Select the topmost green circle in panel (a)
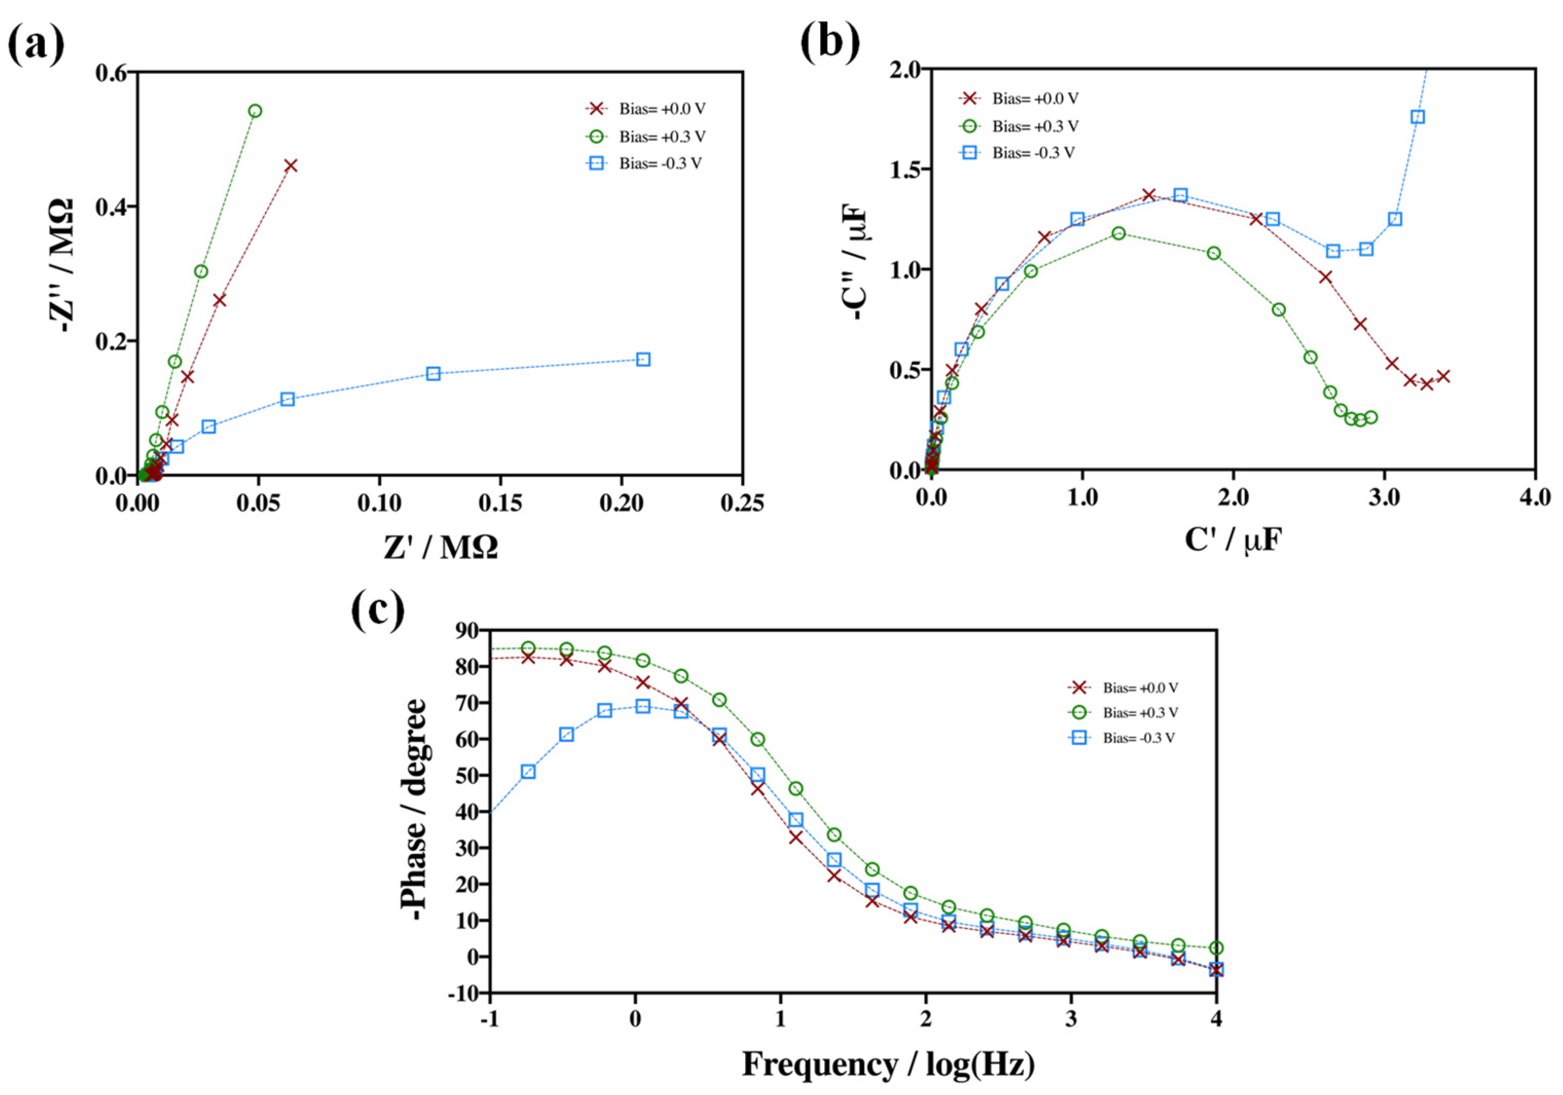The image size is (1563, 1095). click(x=256, y=111)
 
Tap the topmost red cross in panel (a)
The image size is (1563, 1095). click(x=290, y=165)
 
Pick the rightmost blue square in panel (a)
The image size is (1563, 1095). click(x=643, y=359)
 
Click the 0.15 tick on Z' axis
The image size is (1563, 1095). click(x=500, y=504)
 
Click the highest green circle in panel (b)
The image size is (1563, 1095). click(x=1118, y=233)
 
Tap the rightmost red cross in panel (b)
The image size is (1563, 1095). click(x=1443, y=376)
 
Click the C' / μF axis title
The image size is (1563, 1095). click(x=1233, y=541)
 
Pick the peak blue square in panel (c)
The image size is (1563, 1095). click(x=643, y=707)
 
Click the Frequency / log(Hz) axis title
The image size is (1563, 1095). click(x=888, y=1064)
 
